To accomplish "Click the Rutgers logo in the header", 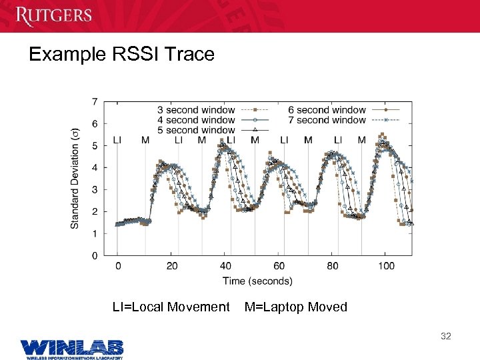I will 54,15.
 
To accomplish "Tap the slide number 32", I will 445,336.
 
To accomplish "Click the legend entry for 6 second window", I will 327,110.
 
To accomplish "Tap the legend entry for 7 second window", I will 327,120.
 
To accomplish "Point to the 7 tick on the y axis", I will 95,102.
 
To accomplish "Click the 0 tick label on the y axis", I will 95,255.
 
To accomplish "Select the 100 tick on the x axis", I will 386,266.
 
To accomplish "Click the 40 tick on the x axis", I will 225,266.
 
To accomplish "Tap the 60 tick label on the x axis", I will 279,266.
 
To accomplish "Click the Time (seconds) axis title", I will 257,281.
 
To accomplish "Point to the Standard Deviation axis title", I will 75,177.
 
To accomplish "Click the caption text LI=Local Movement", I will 171,307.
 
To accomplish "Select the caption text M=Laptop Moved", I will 296,307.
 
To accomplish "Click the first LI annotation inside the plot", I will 117,140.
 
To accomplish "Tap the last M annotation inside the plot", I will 361,140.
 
